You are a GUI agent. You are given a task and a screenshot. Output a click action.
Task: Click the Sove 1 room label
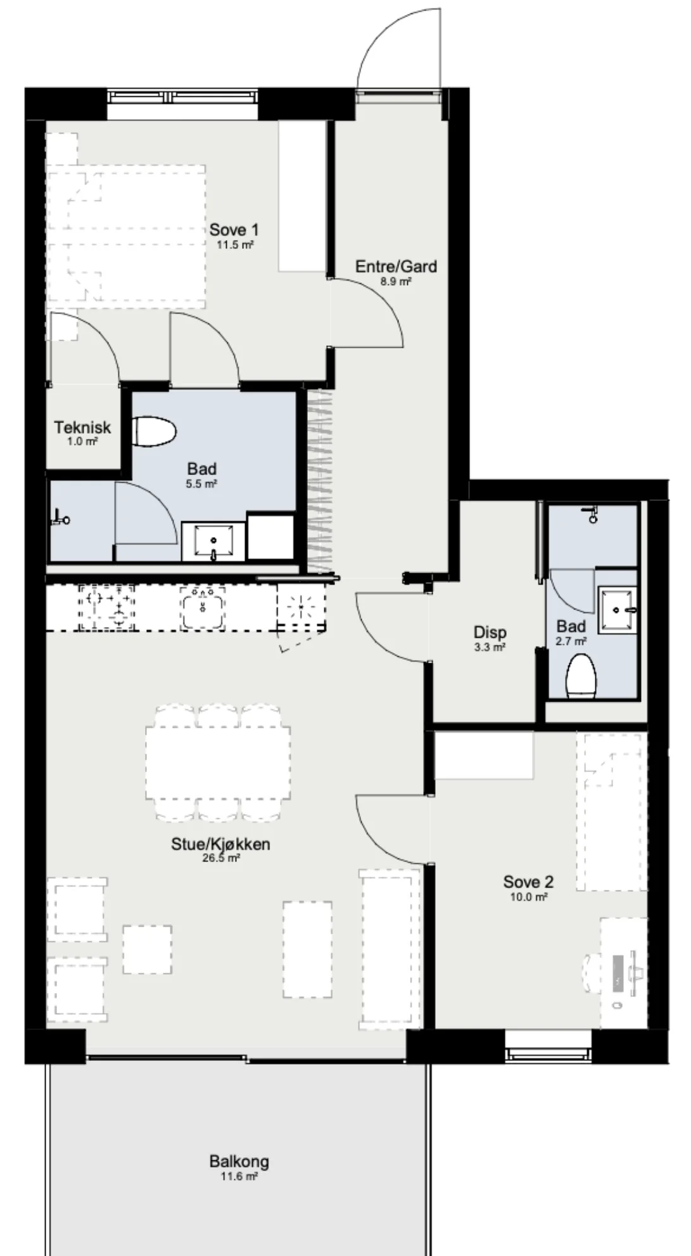[x=234, y=229]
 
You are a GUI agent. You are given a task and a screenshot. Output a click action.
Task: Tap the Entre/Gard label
[x=396, y=266]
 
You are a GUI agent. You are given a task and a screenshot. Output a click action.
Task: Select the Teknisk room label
[x=82, y=427]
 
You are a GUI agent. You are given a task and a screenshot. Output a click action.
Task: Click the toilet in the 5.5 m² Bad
[x=155, y=432]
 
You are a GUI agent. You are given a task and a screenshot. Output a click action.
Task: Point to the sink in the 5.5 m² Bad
[x=213, y=542]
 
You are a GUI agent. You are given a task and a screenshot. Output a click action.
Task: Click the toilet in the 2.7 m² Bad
[x=581, y=677]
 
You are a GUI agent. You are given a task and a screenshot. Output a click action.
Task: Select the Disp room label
[x=490, y=632]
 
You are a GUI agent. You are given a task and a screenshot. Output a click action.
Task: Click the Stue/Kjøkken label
[x=220, y=844]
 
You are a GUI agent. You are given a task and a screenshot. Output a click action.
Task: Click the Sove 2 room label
[x=528, y=882]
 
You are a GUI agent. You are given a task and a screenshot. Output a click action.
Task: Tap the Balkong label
[x=239, y=1162]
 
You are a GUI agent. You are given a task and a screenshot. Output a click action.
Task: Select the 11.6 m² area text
[x=239, y=1176]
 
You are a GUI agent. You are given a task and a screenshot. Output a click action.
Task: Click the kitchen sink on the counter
[x=203, y=607]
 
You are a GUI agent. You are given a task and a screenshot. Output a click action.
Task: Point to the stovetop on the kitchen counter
[x=106, y=607]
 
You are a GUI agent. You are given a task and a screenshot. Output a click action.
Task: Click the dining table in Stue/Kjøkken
[x=219, y=763]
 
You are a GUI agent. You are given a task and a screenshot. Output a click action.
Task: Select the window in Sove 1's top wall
[x=182, y=97]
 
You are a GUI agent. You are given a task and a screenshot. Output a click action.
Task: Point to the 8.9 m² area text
[x=396, y=281]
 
